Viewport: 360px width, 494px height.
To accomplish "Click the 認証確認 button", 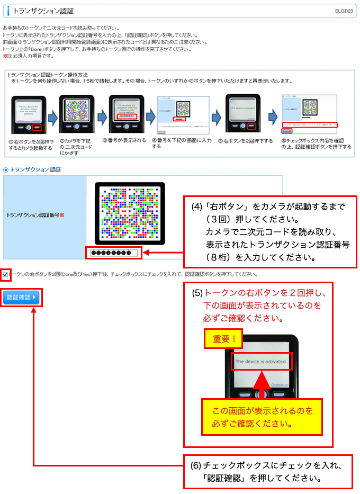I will point(21,298).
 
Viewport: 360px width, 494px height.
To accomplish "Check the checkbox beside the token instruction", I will point(5,274).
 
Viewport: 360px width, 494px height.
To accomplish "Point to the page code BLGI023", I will point(344,11).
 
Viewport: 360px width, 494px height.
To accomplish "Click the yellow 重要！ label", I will point(223,339).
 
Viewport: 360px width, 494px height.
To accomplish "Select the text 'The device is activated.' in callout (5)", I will point(261,362).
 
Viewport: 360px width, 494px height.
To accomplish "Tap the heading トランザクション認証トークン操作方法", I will point(47,75).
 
